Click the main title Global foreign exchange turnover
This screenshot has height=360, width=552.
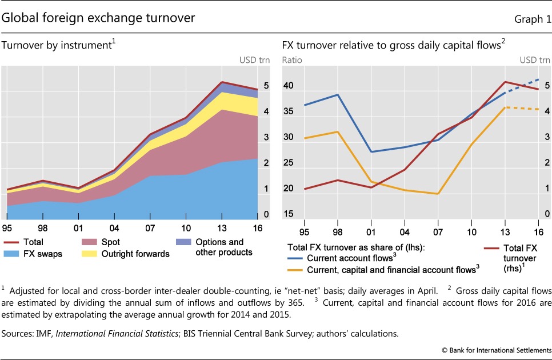99,18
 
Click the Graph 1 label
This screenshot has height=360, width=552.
528,19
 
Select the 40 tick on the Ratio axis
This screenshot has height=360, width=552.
288,86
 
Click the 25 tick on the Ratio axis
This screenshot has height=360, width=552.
288,163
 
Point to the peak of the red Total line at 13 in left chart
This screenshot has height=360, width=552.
222,82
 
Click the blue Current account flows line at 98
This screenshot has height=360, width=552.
337,95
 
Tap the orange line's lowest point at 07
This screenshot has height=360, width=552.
438,194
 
